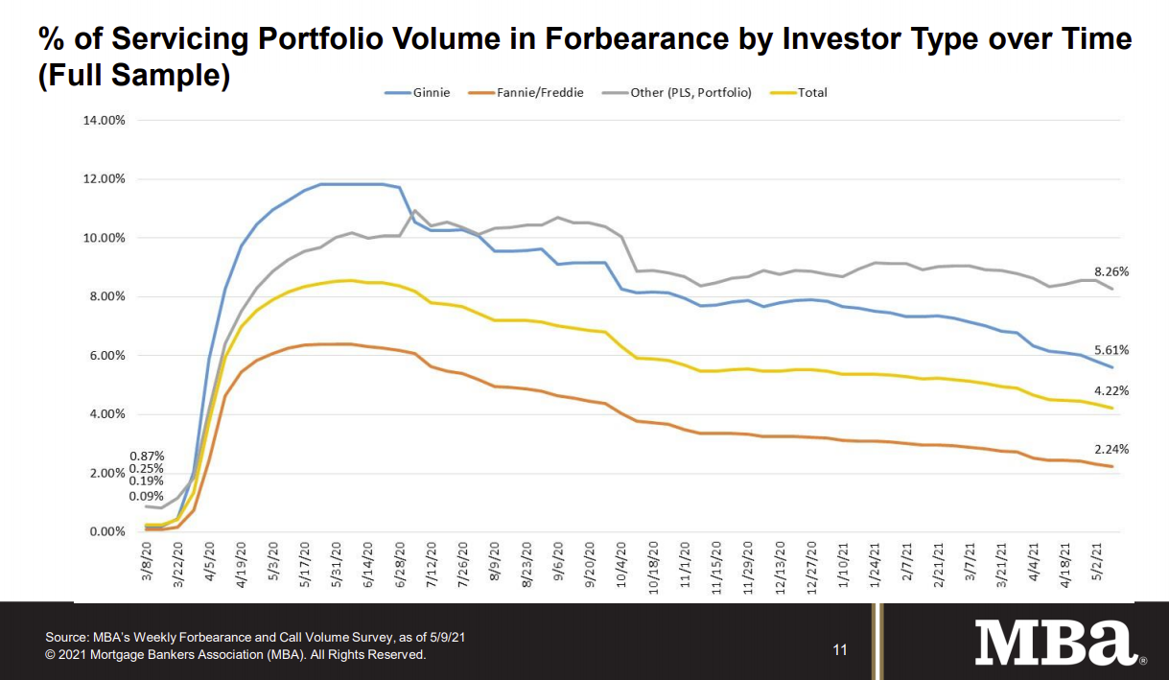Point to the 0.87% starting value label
(146, 456)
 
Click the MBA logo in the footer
(1055, 643)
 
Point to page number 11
(840, 650)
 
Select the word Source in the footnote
(65, 637)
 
